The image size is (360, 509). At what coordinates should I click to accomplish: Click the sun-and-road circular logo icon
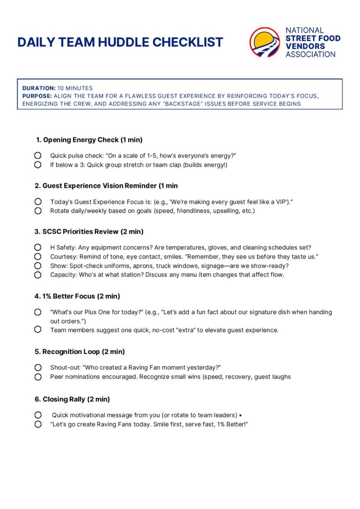[265, 42]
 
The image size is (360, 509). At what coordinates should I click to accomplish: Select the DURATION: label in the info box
[39, 88]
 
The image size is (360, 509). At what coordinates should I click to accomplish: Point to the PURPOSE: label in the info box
[37, 96]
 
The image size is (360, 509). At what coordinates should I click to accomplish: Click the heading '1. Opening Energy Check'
[90, 140]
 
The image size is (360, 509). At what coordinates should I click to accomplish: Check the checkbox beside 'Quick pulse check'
[38, 156]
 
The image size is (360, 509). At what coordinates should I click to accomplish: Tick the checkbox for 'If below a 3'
[38, 165]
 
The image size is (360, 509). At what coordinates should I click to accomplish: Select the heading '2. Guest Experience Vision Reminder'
[106, 186]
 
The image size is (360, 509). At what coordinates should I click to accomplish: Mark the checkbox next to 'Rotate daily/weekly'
[38, 211]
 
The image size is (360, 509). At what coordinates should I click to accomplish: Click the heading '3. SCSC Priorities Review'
[89, 232]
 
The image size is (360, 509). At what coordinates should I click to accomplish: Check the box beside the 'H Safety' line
[38, 247]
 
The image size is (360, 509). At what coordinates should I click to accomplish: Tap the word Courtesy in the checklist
[63, 256]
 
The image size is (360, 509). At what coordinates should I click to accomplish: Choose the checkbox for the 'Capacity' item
[38, 274]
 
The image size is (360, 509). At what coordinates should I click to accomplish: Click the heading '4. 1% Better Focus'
[77, 296]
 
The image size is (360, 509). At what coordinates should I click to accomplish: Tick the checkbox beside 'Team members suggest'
[38, 330]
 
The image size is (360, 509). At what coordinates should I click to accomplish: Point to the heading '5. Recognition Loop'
[80, 352]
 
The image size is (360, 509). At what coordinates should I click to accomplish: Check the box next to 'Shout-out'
[38, 367]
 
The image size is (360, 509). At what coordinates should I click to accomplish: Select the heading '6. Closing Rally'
[72, 399]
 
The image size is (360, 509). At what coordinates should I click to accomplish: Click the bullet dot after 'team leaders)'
[240, 415]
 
